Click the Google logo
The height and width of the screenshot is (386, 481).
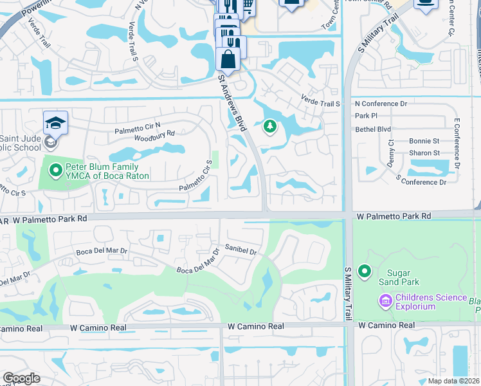[21, 378]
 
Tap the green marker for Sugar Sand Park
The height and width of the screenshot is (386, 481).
[365, 272]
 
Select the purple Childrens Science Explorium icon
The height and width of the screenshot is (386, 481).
[385, 300]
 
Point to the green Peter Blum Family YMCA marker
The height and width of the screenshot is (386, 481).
[55, 170]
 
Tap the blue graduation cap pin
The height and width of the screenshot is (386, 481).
[55, 122]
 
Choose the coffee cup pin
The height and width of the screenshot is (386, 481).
[425, 3]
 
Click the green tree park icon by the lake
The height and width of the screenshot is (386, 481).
[269, 127]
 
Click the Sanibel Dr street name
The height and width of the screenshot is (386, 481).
[240, 250]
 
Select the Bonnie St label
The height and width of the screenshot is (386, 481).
[424, 141]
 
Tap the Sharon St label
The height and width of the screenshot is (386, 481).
[424, 153]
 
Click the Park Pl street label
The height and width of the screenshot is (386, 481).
[366, 116]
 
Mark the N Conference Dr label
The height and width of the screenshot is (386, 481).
[381, 103]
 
